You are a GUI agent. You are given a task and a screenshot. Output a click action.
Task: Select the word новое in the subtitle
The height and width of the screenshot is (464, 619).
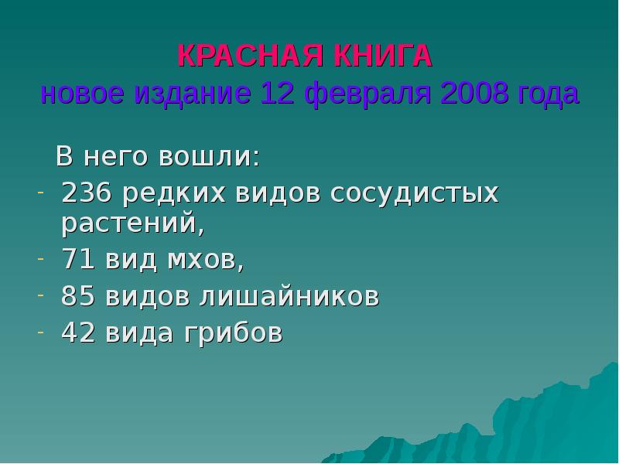click(x=84, y=94)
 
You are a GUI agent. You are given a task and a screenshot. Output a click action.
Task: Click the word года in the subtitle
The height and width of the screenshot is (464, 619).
click(x=549, y=94)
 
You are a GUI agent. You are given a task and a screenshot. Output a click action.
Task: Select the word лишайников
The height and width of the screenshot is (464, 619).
click(x=291, y=297)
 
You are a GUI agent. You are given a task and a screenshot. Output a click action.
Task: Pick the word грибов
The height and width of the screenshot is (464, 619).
click(x=232, y=333)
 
